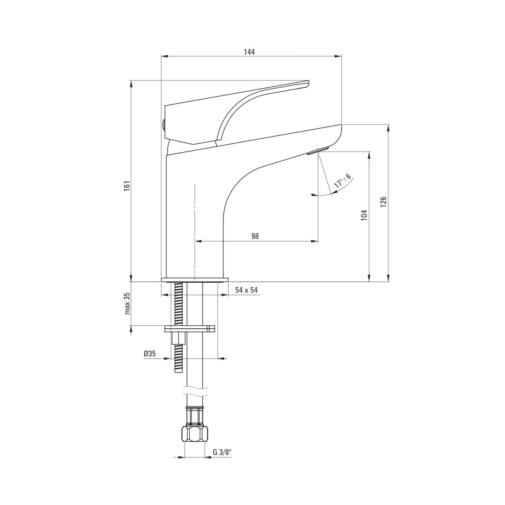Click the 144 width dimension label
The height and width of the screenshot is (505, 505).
(x=249, y=52)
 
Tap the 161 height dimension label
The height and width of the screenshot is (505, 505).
(x=127, y=186)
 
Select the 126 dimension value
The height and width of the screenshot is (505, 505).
(x=383, y=202)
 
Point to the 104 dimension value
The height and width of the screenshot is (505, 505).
(x=364, y=215)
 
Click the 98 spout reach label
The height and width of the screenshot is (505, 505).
(x=255, y=236)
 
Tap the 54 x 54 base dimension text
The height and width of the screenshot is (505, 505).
(x=246, y=290)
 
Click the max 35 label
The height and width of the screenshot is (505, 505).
(x=128, y=303)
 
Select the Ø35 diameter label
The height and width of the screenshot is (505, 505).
(x=150, y=353)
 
